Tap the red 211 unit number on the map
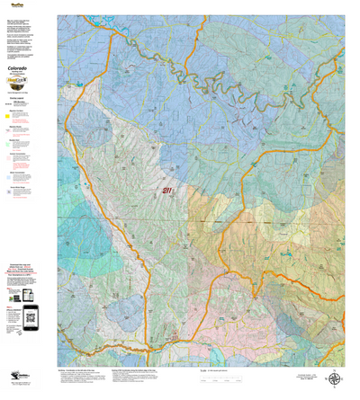(x=167, y=191)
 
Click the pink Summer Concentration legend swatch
(x=9, y=159)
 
